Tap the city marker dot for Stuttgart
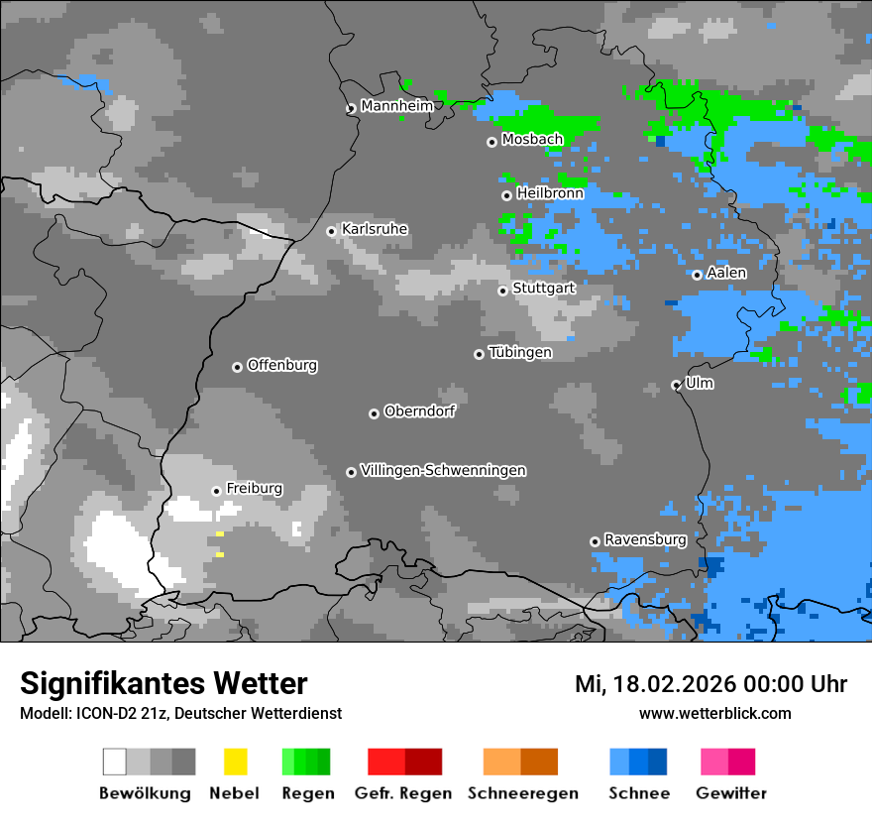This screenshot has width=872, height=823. coord(503,291)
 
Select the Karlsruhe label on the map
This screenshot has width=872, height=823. coord(375,229)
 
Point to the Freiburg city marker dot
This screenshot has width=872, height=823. coord(216,491)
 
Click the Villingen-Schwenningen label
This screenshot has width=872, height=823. coord(443,470)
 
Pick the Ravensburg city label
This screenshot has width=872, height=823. coord(645,539)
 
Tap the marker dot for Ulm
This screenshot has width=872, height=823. coord(677,385)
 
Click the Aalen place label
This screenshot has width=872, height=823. coord(726,273)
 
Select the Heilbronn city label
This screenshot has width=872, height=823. coord(550,193)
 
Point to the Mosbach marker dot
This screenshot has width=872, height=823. coord(491,142)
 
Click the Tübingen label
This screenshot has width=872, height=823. coord(520,352)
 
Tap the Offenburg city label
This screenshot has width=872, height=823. coord(282,365)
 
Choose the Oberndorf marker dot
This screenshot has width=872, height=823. coord(374,413)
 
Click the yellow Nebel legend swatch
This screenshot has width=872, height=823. coord(235,762)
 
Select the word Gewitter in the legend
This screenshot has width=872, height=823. coord(731,793)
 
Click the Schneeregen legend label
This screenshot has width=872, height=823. coord(522,793)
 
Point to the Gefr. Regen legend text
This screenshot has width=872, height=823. coord(403,793)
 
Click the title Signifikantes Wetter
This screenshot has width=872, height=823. coord(163,683)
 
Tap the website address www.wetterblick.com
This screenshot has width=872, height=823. coord(714,713)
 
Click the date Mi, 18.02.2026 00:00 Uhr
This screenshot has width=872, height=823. coord(710,684)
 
